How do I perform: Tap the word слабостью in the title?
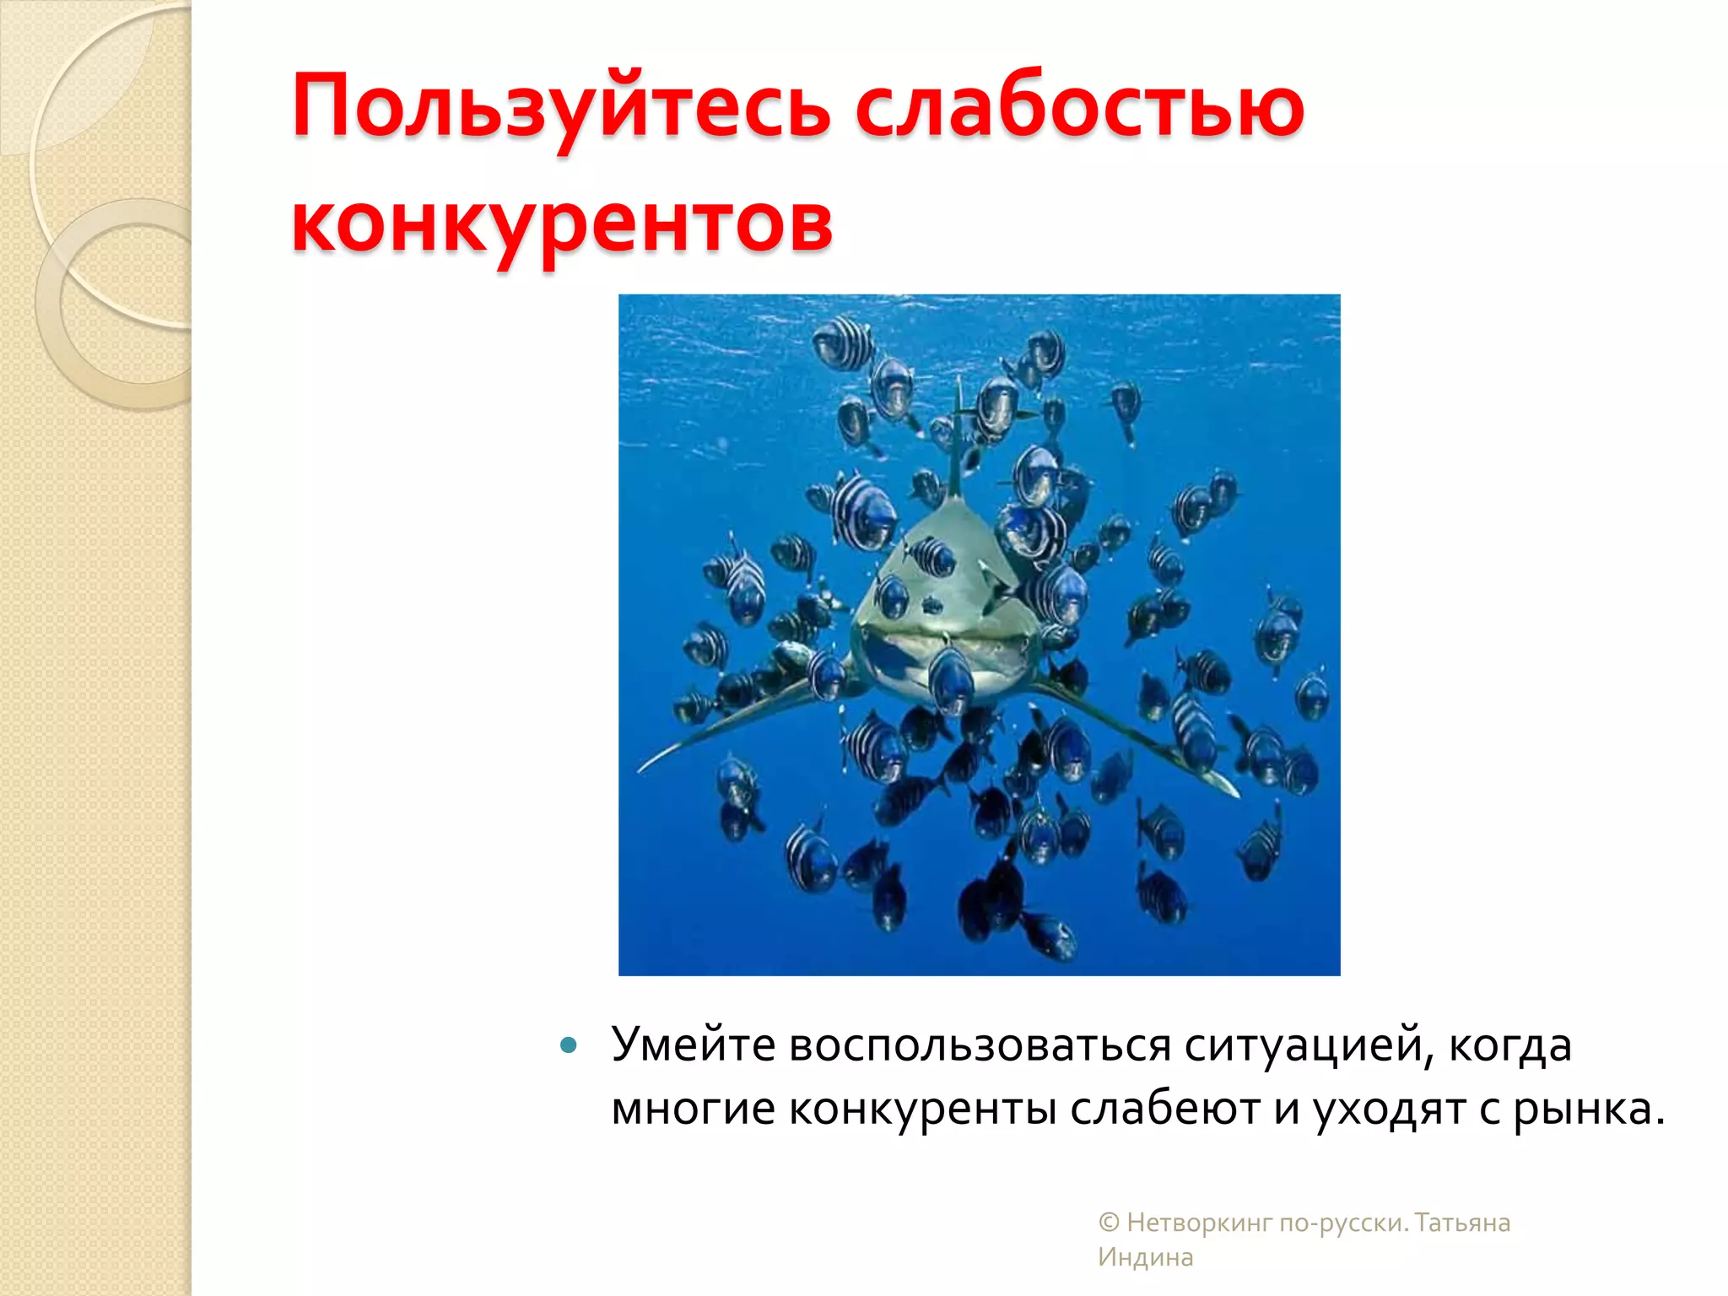[x=1080, y=108]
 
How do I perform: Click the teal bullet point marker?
[x=569, y=1046]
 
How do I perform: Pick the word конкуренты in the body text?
[x=922, y=1109]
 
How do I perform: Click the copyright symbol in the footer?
[x=1109, y=1223]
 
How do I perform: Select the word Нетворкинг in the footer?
[x=1199, y=1223]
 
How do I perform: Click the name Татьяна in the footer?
[x=1462, y=1223]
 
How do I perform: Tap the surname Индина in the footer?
[x=1145, y=1257]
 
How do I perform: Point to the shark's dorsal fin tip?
[x=958, y=384]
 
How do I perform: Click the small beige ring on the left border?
[x=118, y=304]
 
